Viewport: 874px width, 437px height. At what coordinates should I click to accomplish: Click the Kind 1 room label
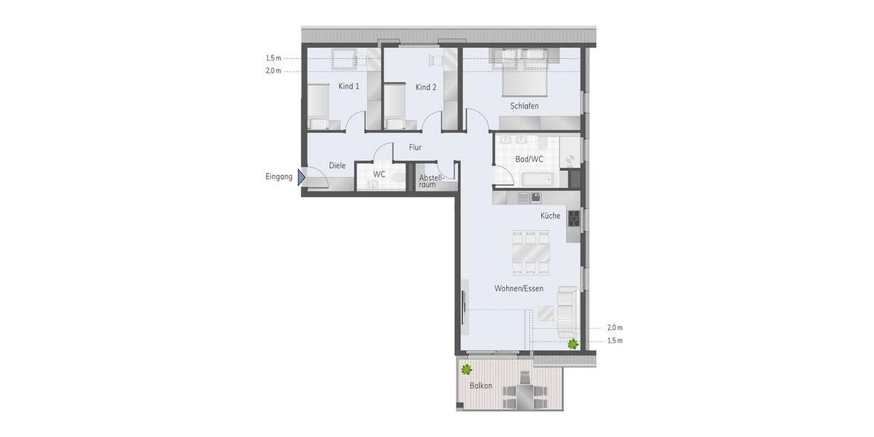click(349, 87)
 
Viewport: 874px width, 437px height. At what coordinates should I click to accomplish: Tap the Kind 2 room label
click(426, 87)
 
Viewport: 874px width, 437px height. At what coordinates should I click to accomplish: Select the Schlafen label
click(524, 106)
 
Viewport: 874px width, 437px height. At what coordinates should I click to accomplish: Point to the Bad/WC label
click(529, 160)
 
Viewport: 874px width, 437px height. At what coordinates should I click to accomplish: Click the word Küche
click(550, 216)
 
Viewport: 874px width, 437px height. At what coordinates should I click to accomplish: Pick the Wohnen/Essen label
click(519, 288)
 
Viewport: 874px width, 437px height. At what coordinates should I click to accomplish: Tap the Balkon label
click(481, 386)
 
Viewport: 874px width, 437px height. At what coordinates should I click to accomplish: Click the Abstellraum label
click(428, 181)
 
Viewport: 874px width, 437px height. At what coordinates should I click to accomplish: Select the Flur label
click(415, 148)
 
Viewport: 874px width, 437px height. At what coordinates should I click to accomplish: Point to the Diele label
click(337, 166)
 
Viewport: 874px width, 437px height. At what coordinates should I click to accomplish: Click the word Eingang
click(279, 177)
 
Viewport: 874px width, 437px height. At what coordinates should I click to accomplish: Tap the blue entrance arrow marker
click(302, 177)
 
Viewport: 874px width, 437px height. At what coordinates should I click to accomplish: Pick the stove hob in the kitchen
click(574, 218)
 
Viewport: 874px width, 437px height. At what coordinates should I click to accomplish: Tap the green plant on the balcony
click(466, 369)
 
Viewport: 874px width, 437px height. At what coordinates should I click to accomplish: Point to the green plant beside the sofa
click(573, 344)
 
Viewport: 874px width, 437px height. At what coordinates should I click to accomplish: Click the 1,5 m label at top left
click(273, 58)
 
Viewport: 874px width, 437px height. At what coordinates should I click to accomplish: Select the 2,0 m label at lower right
click(615, 328)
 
